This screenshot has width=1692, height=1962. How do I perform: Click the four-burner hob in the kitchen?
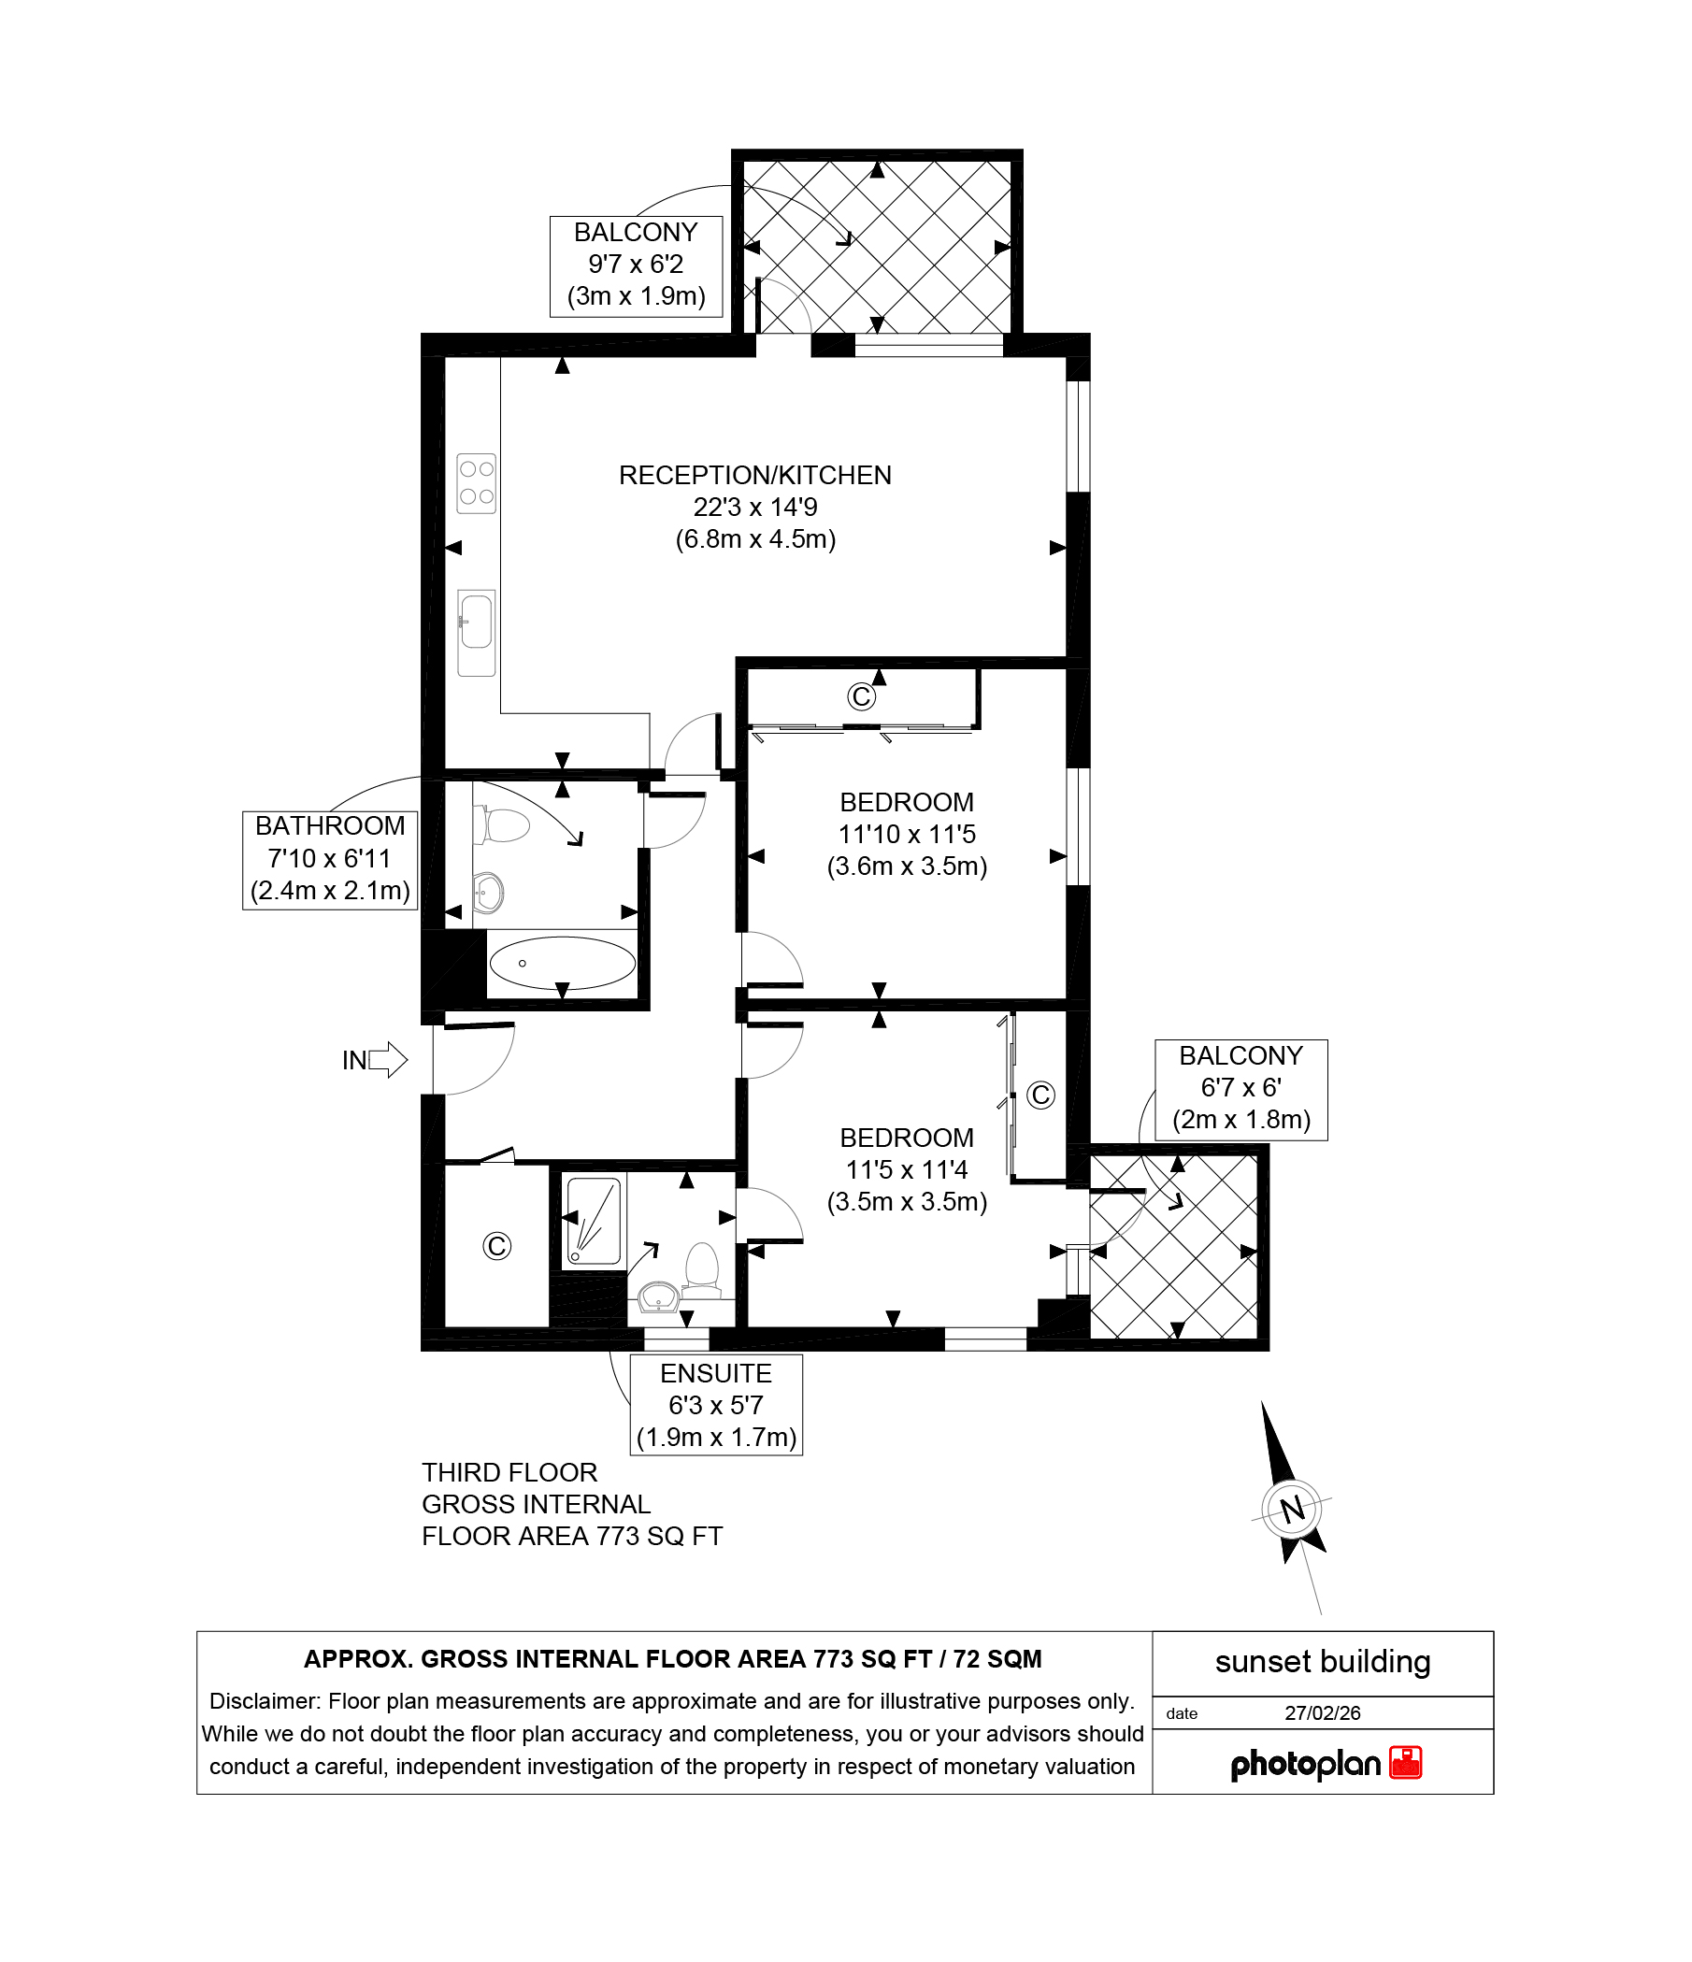(476, 483)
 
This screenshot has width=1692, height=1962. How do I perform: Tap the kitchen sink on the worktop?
(476, 633)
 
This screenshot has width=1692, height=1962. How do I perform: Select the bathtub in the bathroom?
(562, 963)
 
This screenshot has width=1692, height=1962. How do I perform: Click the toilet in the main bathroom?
(502, 824)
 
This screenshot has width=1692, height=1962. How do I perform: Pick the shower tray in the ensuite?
(594, 1221)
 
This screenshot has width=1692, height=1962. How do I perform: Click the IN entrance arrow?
(387, 1060)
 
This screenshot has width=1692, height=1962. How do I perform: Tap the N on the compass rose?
(1292, 1509)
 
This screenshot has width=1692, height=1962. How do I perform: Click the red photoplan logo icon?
(1406, 1763)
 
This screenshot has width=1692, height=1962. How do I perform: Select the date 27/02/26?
(1323, 1713)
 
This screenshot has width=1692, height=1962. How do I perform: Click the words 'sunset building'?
(1323, 1662)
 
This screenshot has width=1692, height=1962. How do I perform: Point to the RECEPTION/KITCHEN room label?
(755, 476)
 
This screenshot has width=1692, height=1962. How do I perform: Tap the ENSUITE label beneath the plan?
(716, 1373)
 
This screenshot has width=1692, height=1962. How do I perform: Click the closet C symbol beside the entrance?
(497, 1246)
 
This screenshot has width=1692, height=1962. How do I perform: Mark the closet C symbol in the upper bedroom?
(861, 697)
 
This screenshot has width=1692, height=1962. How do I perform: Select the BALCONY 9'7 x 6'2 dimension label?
(637, 265)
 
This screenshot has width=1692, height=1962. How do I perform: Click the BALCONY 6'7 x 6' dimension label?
(1241, 1088)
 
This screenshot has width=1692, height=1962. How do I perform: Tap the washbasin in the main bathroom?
(489, 892)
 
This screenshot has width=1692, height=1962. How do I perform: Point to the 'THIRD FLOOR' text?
(509, 1472)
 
